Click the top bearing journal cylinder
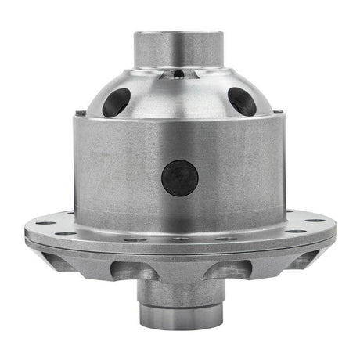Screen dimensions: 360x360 [179, 48]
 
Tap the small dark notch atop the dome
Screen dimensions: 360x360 [179, 74]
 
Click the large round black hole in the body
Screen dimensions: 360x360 [179, 178]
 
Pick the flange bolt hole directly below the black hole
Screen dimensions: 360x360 [179, 239]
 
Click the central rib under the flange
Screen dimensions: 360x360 [179, 270]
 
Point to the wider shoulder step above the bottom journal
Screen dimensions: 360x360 [179, 291]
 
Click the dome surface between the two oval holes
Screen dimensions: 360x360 [179, 98]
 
